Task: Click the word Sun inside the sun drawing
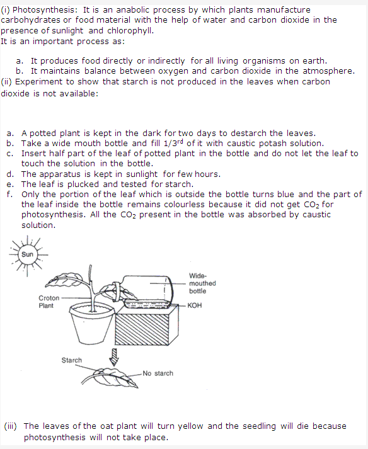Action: coord(27,254)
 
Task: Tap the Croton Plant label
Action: coord(49,302)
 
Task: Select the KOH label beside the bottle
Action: coord(195,305)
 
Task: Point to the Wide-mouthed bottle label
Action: coord(202,283)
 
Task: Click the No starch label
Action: coord(158,373)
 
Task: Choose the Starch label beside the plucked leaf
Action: coord(72,360)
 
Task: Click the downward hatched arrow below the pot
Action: coord(114,357)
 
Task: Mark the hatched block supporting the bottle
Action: coord(146,325)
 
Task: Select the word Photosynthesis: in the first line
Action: coord(45,10)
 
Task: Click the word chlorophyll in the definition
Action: coord(130,31)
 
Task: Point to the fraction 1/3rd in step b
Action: coord(173,142)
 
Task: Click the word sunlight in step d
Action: coord(142,174)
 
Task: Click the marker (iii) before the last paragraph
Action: coord(10,426)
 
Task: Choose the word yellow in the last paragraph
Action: coord(190,426)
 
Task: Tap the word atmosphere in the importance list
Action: coord(328,71)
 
